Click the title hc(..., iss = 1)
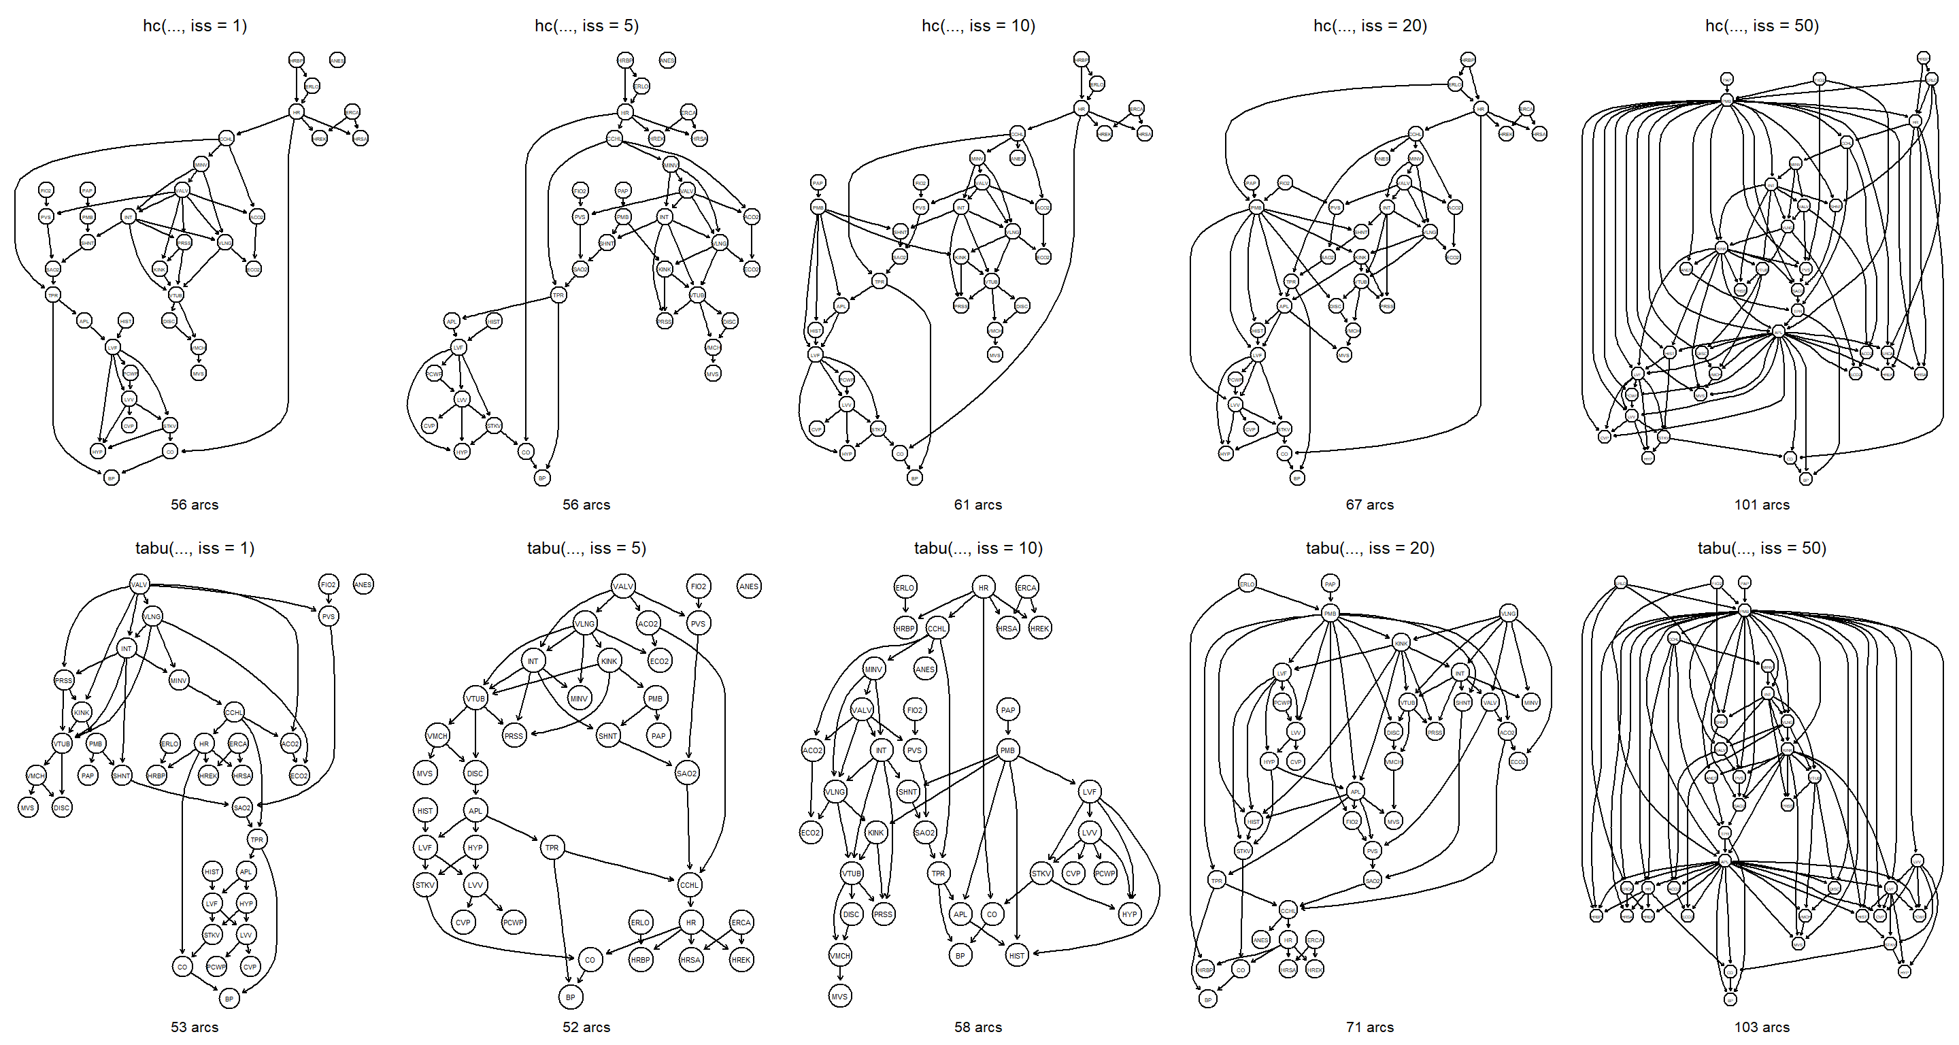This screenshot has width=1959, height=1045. click(x=195, y=26)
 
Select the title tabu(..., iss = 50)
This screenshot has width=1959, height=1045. click(x=1761, y=548)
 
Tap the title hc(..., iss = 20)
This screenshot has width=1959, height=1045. click(x=1370, y=26)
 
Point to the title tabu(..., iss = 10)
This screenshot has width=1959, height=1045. click(x=978, y=548)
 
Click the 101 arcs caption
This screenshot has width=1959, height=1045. click(x=1761, y=504)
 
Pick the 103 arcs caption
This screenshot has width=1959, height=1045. click(x=1761, y=1027)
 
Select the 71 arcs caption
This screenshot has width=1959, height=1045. click(x=1370, y=1027)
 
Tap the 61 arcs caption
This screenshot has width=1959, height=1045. click(x=978, y=504)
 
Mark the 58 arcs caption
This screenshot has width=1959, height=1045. click(x=978, y=1027)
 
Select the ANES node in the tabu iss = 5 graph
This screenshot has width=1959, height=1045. click(x=748, y=586)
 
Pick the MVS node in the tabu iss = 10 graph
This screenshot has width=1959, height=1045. click(x=839, y=996)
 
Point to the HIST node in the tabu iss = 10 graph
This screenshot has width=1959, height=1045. click(x=1017, y=955)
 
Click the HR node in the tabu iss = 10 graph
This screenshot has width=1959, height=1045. click(x=984, y=588)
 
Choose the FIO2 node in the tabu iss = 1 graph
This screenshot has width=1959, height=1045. click(x=328, y=585)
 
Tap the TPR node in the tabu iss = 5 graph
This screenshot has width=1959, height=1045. click(x=552, y=847)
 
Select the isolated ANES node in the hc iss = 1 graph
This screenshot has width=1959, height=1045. click(x=337, y=60)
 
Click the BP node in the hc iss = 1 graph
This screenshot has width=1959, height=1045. click(x=111, y=478)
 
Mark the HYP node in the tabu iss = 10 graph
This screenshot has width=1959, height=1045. click(x=1129, y=914)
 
